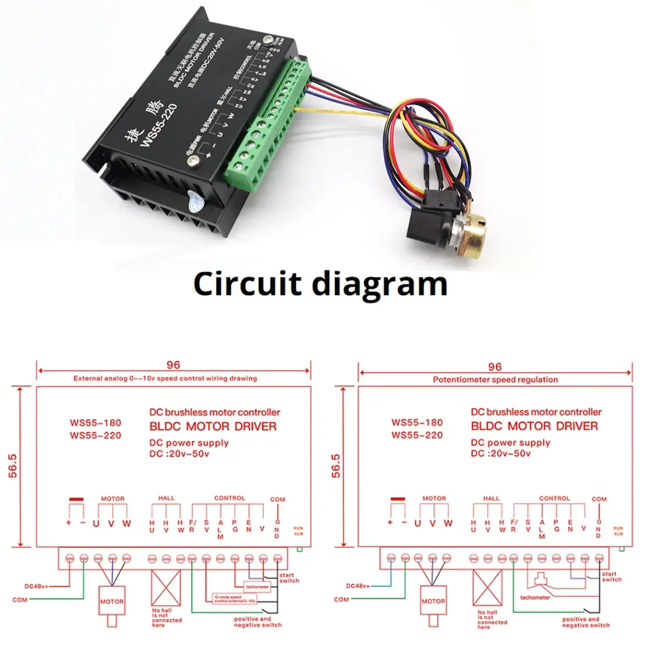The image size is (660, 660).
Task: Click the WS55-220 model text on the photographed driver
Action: click(158, 125)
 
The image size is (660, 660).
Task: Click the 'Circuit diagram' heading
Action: click(320, 284)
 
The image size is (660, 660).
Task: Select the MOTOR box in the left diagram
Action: click(112, 602)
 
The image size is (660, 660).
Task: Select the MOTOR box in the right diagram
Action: click(433, 601)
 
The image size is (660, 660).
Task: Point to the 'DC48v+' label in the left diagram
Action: click(36, 586)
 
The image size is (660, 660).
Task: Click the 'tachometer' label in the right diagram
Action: click(535, 597)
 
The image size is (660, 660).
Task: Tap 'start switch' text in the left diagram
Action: click(288, 578)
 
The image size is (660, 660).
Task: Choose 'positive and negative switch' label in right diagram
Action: click(585, 622)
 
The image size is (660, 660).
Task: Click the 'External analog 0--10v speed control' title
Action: click(165, 378)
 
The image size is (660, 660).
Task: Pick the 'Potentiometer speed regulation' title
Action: click(495, 380)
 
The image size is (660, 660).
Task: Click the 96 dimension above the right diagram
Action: click(494, 367)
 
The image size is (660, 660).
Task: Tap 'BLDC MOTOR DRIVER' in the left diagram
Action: click(213, 426)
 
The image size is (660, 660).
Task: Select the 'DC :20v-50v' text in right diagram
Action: click(501, 454)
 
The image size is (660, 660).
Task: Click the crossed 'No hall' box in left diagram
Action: click(166, 588)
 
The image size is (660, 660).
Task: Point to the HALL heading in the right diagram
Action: click(491, 498)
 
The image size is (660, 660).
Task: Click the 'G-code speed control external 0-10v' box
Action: click(235, 599)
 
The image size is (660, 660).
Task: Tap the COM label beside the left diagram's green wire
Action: click(20, 599)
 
